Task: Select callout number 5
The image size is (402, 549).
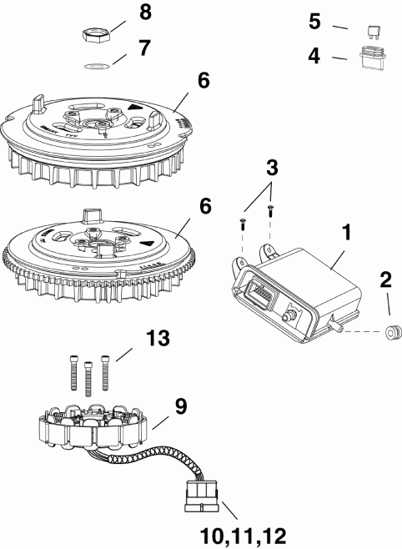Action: click(x=314, y=21)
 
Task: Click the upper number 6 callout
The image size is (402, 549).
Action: click(x=204, y=84)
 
